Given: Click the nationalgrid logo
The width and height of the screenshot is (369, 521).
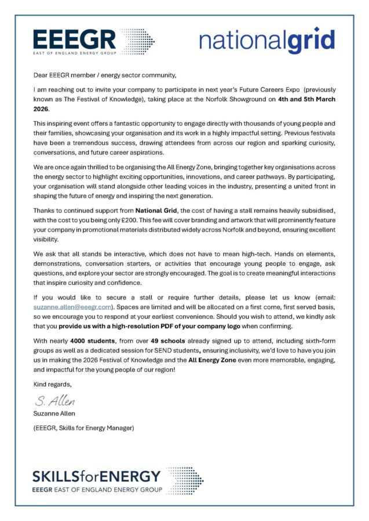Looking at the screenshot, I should point(267,41).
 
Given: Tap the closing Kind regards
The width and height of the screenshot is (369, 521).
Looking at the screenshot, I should point(53,384).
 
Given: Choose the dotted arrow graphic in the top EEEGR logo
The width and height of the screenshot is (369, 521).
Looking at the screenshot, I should point(137,41).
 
